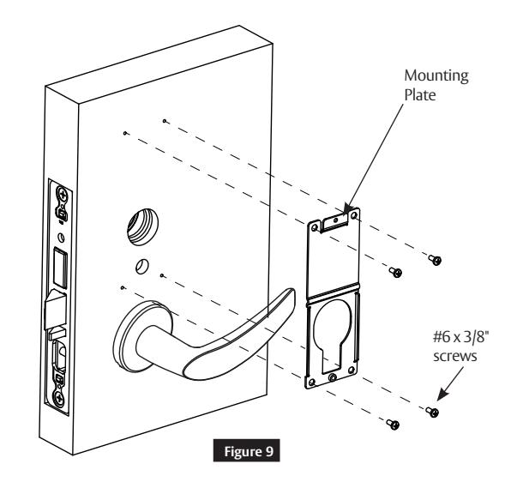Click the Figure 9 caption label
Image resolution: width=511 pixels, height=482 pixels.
(x=246, y=451)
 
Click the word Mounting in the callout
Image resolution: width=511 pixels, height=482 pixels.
(x=436, y=76)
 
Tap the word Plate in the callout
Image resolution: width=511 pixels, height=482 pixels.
(x=420, y=95)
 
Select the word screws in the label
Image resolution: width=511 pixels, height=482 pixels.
(x=455, y=356)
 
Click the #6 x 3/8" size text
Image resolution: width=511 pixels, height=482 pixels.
(x=461, y=337)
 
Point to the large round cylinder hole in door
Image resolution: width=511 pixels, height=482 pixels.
(x=142, y=226)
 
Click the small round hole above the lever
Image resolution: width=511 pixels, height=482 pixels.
(x=141, y=267)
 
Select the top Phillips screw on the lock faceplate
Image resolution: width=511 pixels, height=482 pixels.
(x=62, y=196)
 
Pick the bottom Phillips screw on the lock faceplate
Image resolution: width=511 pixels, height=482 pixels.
(x=59, y=398)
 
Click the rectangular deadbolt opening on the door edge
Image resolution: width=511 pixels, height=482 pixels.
(x=60, y=268)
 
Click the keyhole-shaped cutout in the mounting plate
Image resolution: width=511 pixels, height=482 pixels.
(x=333, y=335)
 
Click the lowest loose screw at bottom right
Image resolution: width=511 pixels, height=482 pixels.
(x=393, y=424)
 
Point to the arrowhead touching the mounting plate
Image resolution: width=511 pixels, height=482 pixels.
(x=348, y=208)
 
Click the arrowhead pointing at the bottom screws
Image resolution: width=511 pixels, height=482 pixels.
(x=442, y=395)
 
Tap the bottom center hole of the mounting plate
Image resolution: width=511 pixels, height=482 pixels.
(x=333, y=377)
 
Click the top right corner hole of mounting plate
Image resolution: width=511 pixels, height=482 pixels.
(x=353, y=215)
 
